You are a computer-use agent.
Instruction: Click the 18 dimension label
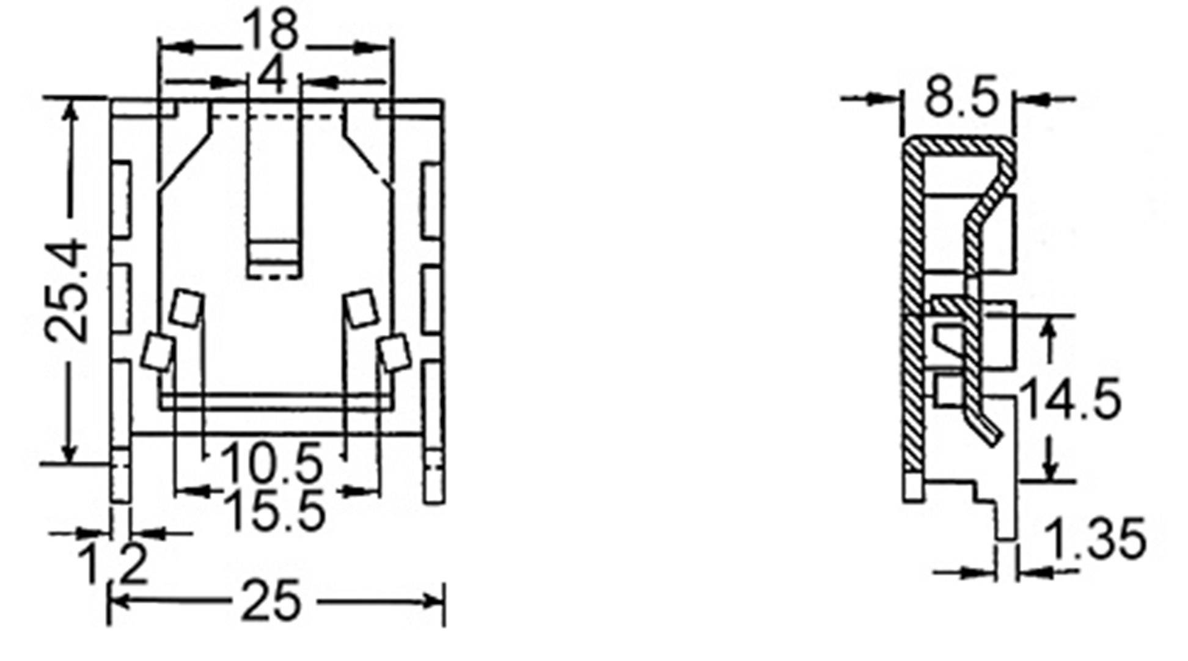coord(271,30)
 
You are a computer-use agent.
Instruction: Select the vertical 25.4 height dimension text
coord(67,290)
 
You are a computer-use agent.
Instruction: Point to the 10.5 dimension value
coord(271,462)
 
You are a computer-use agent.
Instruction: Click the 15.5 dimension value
coord(274,511)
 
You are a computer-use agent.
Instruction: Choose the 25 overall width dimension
coord(271,602)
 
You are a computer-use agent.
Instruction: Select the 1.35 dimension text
coord(1095,539)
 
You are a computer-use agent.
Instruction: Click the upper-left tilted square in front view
coord(186,308)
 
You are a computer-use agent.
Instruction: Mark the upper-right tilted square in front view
coord(361,307)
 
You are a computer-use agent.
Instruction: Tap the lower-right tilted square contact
coord(395,352)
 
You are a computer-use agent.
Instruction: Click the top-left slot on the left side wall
coord(122,199)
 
